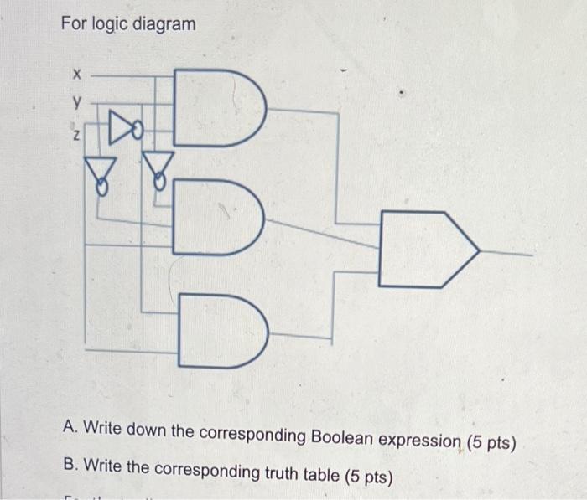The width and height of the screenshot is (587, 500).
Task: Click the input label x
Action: (75, 75)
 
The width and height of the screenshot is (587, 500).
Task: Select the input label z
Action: (75, 137)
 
